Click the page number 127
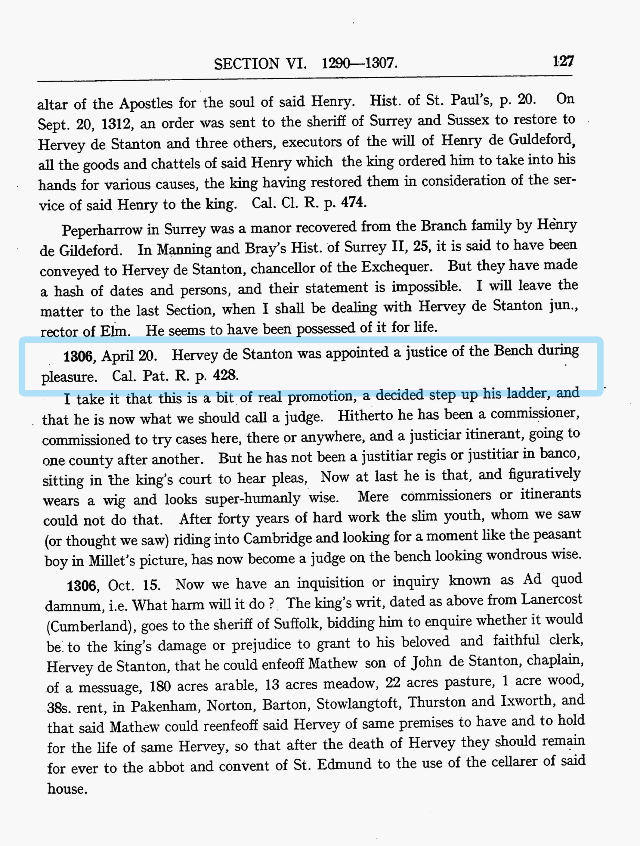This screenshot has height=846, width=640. coord(563,61)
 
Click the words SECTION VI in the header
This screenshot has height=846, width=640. coord(260,63)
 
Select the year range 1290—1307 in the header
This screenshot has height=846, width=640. coord(359,63)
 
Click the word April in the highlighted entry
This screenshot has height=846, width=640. coord(117,356)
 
